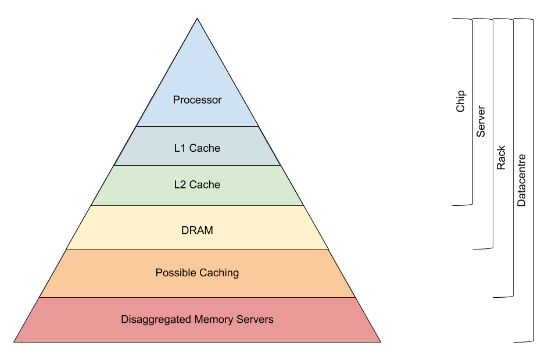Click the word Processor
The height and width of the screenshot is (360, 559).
pos(197,100)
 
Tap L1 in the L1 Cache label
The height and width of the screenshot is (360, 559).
pos(180,148)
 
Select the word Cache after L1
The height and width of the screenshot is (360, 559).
pos(205,148)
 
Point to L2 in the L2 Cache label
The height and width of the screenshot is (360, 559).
pos(180,185)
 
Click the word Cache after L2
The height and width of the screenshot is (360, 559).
pos(205,185)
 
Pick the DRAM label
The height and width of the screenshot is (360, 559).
pos(197,231)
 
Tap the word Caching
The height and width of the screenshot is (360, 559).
pos(220,273)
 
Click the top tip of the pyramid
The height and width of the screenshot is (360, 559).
pos(198,20)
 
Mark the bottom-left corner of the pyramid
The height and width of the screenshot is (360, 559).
pos(15,341)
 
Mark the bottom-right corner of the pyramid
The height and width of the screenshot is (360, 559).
pos(380,341)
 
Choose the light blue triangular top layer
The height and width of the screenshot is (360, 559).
pos(197,76)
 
